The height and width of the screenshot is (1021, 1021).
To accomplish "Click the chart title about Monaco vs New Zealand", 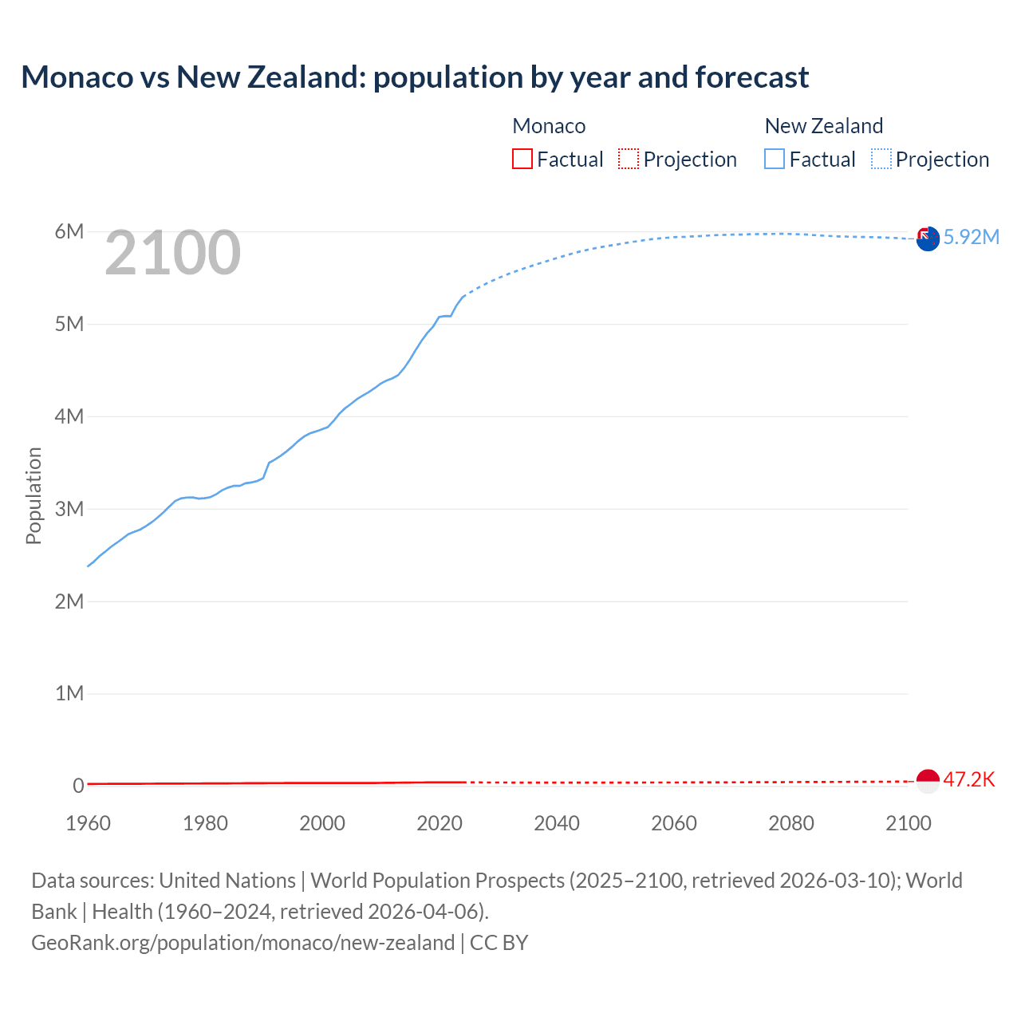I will click(415, 77).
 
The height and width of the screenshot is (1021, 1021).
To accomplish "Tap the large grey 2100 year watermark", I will click(172, 253).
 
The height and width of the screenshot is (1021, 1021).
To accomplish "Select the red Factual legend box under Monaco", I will click(522, 159).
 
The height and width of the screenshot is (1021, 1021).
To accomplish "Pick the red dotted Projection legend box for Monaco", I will click(629, 159).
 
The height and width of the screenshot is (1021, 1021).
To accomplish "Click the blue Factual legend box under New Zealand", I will click(775, 159).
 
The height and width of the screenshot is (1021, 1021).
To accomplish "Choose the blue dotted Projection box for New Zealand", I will click(881, 159).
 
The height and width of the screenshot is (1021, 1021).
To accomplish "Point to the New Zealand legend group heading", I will click(824, 126).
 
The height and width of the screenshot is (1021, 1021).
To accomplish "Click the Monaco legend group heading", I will click(549, 126).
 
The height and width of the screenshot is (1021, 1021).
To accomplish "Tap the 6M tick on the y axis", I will click(69, 231).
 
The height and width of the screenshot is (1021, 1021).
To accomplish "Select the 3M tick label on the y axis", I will click(69, 509).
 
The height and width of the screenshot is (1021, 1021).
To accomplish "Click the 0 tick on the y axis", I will click(78, 786).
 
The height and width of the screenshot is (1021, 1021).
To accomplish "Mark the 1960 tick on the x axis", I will click(88, 823).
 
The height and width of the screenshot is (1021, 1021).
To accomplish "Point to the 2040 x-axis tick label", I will click(557, 823).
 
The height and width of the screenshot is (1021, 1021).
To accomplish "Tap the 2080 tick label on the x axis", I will click(791, 823).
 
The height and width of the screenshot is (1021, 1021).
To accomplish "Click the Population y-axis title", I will click(34, 495).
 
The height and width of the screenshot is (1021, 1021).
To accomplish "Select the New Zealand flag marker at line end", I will click(928, 238).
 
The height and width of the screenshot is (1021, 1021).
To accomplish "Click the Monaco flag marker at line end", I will click(928, 781).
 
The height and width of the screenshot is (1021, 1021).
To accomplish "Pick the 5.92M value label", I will click(972, 237).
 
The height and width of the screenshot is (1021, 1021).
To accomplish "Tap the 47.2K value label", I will click(969, 779).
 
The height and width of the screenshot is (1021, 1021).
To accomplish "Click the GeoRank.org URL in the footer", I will click(242, 943).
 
